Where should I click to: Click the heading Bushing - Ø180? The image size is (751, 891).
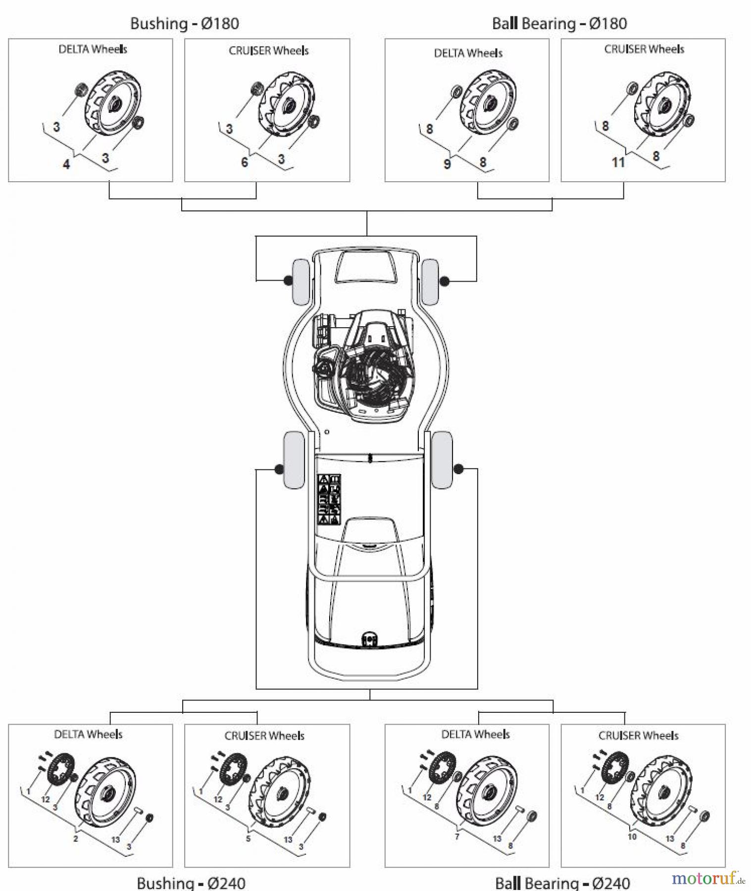[184, 23]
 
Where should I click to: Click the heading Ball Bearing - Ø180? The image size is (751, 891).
[559, 23]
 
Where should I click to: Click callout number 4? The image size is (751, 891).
[66, 164]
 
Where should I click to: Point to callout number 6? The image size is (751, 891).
[245, 162]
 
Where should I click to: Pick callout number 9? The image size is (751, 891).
[447, 164]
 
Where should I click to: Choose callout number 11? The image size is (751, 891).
[618, 162]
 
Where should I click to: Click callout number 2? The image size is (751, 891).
[75, 839]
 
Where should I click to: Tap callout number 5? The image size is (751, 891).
[248, 839]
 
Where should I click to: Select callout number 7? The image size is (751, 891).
[457, 837]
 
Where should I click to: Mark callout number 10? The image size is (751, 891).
[632, 837]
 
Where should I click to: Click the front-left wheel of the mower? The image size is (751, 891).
[300, 282]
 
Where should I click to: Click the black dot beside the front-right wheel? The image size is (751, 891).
[445, 281]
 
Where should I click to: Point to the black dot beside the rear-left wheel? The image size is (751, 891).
[279, 469]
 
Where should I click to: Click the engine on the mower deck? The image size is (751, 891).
[366, 366]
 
